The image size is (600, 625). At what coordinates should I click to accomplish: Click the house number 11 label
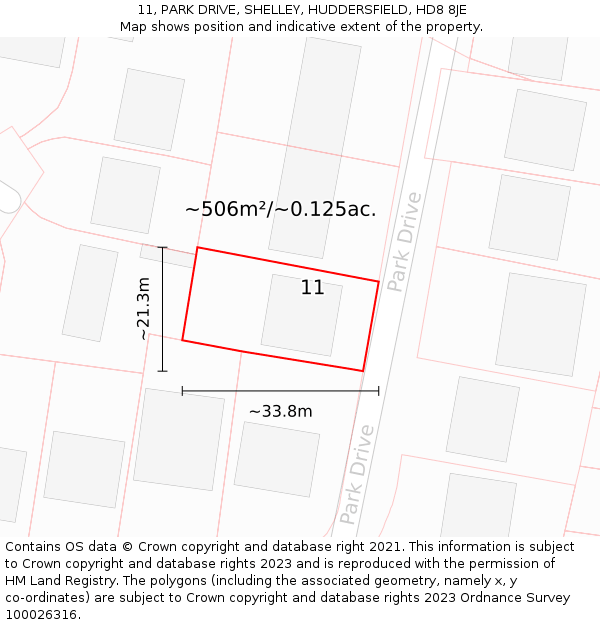312,288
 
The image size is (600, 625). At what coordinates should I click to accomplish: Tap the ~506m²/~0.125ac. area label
280,209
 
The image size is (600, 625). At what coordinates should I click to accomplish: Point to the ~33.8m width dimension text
280,411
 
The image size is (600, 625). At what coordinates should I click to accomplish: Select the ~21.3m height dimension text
144,309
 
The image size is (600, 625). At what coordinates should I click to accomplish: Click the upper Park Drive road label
405,242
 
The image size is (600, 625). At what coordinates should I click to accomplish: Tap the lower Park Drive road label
356,474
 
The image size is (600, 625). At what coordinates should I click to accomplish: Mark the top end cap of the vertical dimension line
163,247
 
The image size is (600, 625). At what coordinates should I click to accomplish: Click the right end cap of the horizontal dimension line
379,391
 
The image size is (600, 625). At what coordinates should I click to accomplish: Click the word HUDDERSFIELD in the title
344,10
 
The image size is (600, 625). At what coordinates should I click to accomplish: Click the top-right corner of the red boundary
378,282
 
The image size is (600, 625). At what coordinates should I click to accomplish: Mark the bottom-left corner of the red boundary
182,340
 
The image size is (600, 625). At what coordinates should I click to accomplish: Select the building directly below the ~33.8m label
276,458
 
